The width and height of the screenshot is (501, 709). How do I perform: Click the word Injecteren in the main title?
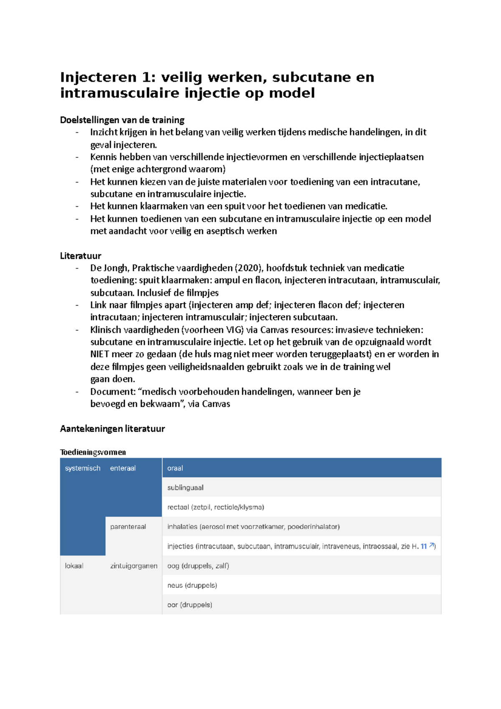[x=99, y=78]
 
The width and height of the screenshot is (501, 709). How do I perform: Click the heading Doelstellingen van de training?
[x=122, y=120]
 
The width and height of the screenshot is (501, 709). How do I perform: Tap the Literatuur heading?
[x=81, y=256]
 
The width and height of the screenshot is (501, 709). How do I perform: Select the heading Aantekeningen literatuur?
[x=112, y=429]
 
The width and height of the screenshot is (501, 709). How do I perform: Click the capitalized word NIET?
[x=99, y=354]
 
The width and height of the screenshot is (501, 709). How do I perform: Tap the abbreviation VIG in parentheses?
[x=233, y=330]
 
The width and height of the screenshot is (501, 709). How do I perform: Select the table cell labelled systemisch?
[x=83, y=468]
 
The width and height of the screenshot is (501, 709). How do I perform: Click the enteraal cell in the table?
[x=123, y=468]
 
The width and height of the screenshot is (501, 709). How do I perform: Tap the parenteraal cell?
[x=128, y=527]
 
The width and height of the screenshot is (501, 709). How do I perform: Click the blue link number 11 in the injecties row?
[x=424, y=546]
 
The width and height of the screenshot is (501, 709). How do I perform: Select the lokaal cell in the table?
[x=74, y=566]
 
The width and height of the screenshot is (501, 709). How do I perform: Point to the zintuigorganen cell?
[x=134, y=566]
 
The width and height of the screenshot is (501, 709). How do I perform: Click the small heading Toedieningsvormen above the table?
[x=93, y=452]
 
